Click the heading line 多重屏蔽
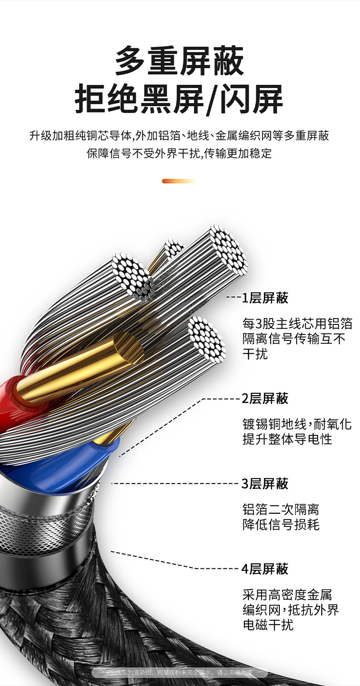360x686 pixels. (x=180, y=61)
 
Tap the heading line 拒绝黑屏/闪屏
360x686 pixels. (x=180, y=99)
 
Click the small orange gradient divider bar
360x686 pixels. (x=179, y=181)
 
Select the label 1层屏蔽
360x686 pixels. (x=265, y=298)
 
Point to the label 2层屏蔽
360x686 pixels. (x=265, y=398)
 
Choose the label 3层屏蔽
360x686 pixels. (x=265, y=483)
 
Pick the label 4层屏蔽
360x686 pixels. (x=265, y=569)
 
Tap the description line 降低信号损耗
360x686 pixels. (x=281, y=524)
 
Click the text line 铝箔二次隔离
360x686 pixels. (x=281, y=509)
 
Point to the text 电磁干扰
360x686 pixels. (x=268, y=624)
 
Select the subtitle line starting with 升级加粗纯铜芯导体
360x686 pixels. (x=180, y=136)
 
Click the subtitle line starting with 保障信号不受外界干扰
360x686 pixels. (x=180, y=154)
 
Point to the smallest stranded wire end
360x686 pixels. (x=173, y=248)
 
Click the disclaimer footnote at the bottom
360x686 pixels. (x=180, y=672)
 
